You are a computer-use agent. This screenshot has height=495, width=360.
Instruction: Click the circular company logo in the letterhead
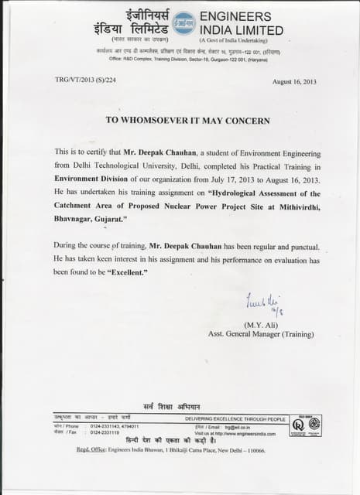click(x=183, y=23)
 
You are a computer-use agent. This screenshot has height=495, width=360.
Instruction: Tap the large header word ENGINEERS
click(x=235, y=16)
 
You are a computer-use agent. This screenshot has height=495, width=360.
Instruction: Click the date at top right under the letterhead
click(x=295, y=81)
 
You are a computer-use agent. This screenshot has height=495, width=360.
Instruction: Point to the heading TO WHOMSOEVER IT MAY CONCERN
click(x=188, y=120)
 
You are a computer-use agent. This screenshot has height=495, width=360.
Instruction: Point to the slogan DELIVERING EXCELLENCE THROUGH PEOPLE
click(x=235, y=418)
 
